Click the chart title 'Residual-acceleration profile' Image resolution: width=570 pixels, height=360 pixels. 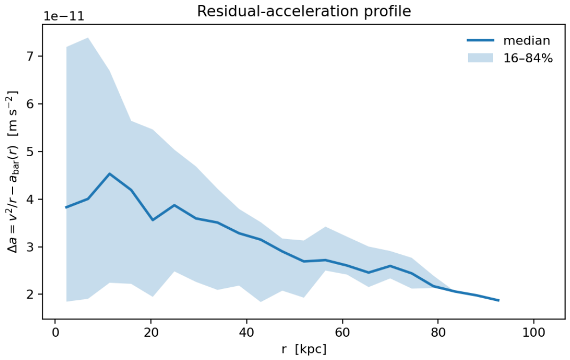click(x=304, y=11)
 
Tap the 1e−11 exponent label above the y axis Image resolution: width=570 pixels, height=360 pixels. click(x=64, y=17)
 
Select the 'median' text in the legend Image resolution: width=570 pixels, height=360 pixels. click(x=527, y=40)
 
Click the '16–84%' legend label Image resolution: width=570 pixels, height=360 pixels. click(x=528, y=58)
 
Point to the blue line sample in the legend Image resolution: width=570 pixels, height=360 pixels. click(x=481, y=40)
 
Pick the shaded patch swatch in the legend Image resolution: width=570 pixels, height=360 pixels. click(x=481, y=58)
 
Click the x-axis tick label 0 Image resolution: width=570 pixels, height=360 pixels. click(x=55, y=333)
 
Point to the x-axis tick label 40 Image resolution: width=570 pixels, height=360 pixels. click(x=247, y=333)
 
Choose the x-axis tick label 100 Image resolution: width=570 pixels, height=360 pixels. click(x=534, y=333)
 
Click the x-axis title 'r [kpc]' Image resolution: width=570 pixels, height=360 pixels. click(x=304, y=350)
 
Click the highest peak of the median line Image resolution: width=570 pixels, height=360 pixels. click(x=109, y=174)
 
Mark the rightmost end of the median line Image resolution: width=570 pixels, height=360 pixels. click(x=498, y=300)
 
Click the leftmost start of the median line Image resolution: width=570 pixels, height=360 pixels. click(x=66, y=207)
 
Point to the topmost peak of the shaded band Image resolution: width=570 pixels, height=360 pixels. click(x=88, y=38)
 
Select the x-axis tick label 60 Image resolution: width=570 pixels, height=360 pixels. click(x=342, y=333)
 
